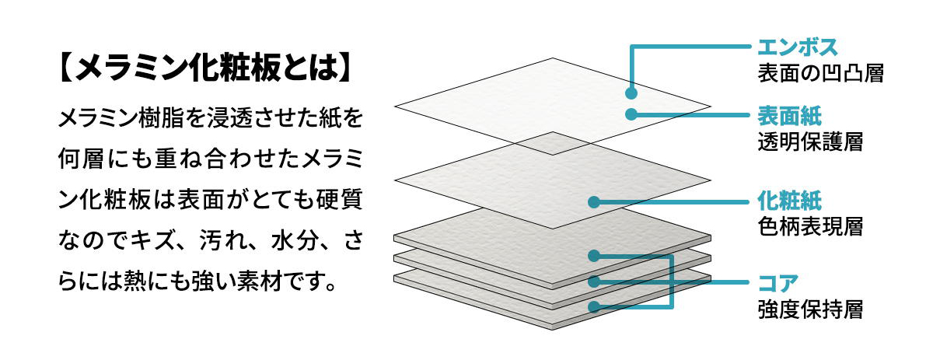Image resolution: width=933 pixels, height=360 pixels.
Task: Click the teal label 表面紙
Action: click(785, 117)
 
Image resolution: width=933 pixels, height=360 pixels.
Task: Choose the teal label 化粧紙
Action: click(785, 201)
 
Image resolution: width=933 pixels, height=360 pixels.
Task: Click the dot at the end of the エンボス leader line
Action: click(631, 93)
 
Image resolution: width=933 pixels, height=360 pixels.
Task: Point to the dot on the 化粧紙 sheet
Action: click(593, 202)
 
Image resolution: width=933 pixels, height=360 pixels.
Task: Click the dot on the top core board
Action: click(593, 254)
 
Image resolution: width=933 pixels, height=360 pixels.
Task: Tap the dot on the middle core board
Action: click(593, 281)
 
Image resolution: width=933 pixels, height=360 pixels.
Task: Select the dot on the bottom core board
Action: click(593, 307)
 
